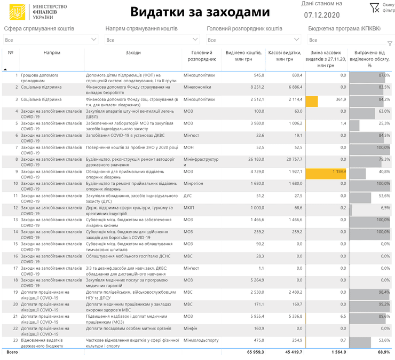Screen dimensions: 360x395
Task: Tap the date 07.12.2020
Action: [x=321, y=15]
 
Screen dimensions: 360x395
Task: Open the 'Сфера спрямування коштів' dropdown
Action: [x=51, y=40]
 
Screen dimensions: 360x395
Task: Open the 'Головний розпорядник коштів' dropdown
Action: [x=254, y=40]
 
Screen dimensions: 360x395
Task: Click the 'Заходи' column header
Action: [x=133, y=53]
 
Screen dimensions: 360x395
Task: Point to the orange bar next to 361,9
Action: [x=311, y=99]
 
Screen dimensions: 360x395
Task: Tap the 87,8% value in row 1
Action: [x=384, y=75]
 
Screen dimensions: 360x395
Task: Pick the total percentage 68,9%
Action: [x=383, y=352]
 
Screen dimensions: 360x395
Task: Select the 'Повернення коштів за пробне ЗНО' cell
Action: [x=131, y=147]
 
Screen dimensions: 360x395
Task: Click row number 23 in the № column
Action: [x=15, y=340]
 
